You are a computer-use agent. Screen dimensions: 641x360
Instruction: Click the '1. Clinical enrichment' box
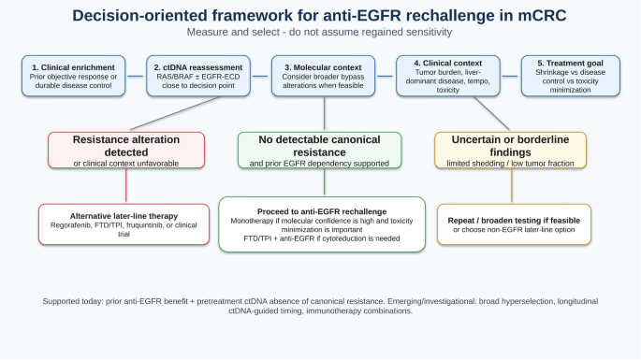(x=74, y=76)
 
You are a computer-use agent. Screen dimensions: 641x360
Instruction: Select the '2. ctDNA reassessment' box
(x=198, y=76)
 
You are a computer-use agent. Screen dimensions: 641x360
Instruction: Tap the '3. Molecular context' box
(x=323, y=76)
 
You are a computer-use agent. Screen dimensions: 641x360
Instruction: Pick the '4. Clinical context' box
(x=448, y=76)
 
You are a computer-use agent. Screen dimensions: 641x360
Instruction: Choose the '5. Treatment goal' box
(x=570, y=76)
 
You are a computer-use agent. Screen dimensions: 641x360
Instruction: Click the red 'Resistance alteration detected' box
(x=126, y=150)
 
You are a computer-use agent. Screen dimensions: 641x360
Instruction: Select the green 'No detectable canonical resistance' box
(x=320, y=150)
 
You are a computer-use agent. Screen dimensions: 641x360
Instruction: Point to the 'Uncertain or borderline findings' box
(x=510, y=150)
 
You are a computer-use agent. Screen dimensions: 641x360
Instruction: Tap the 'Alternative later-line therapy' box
(x=124, y=224)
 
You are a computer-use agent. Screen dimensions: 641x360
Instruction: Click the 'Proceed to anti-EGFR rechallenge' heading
(x=322, y=211)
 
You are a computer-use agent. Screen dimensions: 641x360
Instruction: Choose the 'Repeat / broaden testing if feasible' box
(x=514, y=224)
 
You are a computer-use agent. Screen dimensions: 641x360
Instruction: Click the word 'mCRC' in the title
(x=542, y=16)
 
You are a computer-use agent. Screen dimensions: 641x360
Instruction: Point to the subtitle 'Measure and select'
(x=233, y=32)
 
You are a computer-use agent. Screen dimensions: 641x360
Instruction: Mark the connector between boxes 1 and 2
(x=136, y=76)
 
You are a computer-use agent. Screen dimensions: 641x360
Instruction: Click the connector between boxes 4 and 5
(x=511, y=76)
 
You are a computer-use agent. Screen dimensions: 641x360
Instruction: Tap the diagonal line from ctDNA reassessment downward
(x=175, y=113)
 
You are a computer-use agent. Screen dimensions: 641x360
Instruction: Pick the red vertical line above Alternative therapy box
(x=126, y=186)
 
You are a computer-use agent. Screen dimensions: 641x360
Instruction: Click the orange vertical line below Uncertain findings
(x=512, y=186)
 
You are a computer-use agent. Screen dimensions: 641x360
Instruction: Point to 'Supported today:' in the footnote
(x=73, y=302)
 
